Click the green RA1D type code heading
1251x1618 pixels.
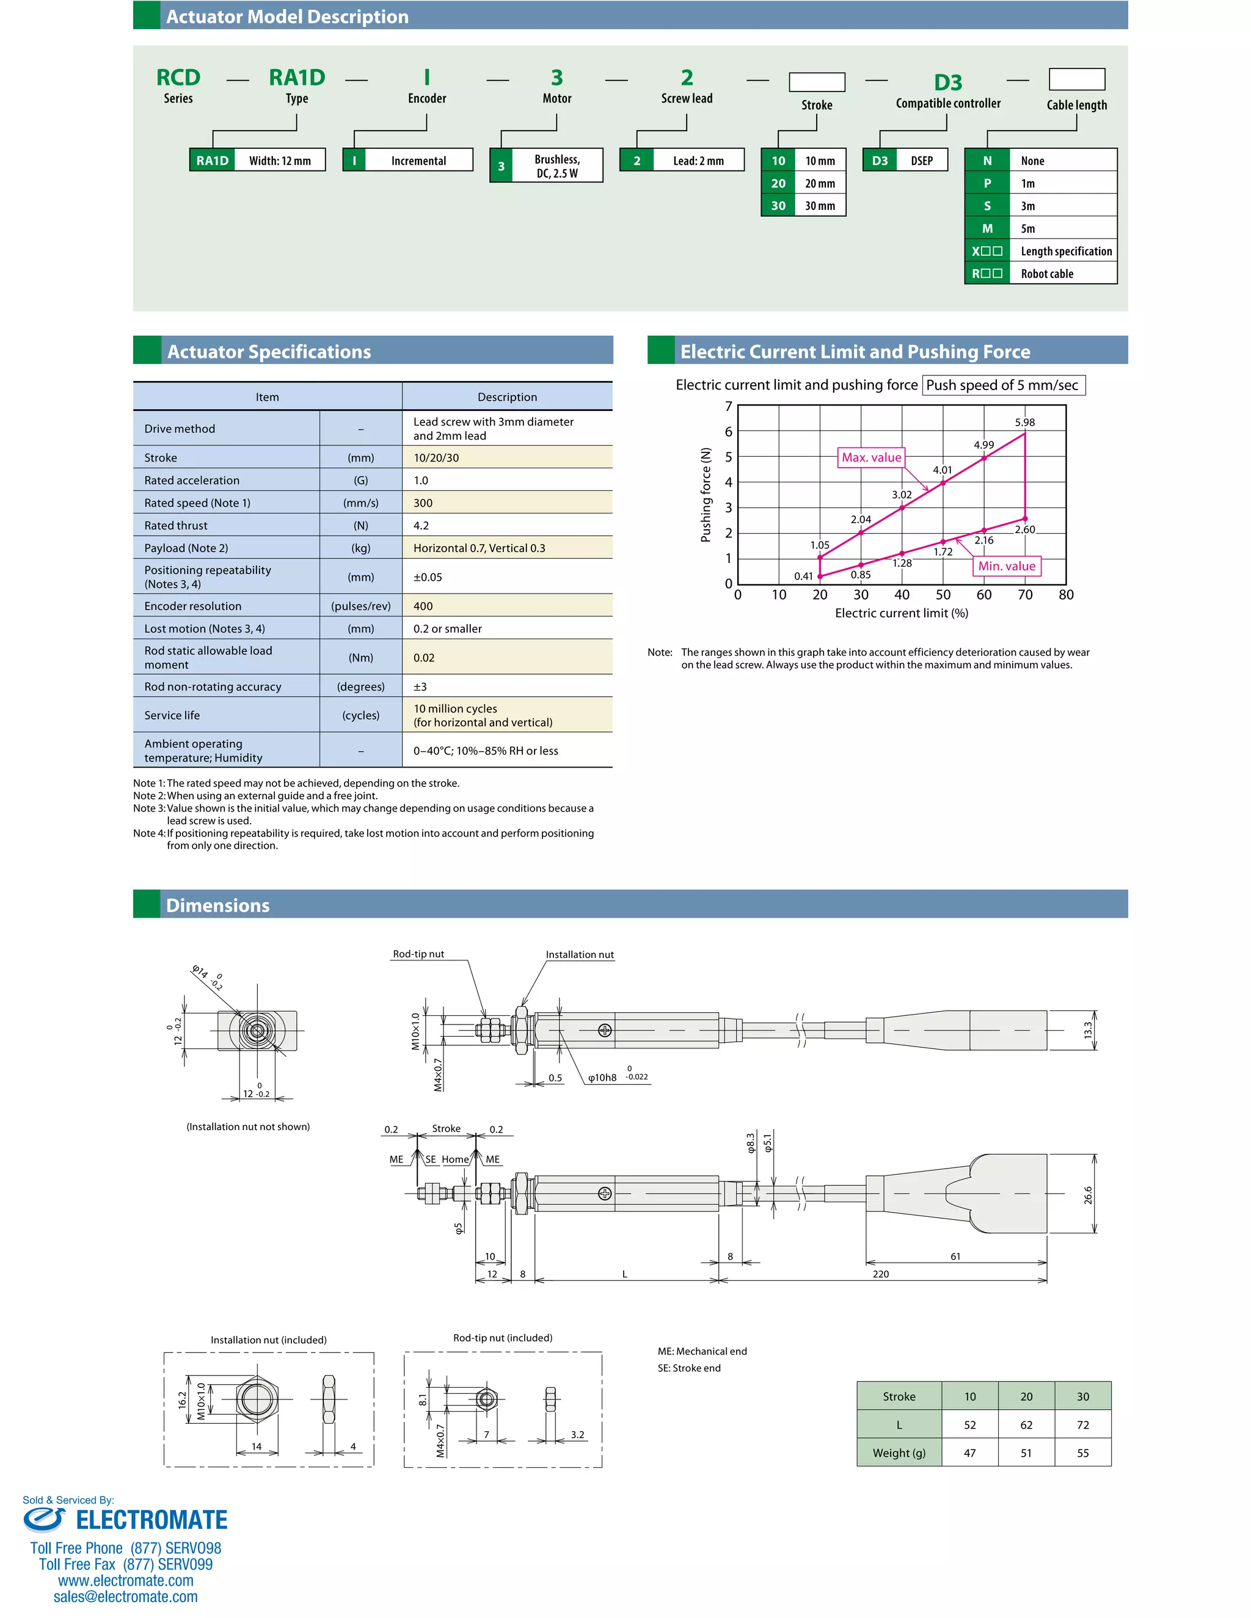[296, 77]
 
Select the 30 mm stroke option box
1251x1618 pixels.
[803, 206]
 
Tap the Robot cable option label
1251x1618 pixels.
[1046, 274]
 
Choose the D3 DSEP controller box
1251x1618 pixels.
[905, 161]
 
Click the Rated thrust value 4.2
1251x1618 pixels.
[421, 525]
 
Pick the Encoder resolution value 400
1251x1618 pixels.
[423, 606]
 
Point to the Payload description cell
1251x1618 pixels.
[480, 548]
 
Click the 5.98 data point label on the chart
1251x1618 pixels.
[1024, 423]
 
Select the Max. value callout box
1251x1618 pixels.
[871, 457]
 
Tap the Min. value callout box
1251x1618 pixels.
[1007, 566]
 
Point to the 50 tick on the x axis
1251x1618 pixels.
[943, 594]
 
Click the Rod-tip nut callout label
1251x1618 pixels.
[418, 954]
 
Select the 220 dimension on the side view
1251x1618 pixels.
[880, 1274]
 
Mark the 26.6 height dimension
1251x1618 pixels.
[1088, 1195]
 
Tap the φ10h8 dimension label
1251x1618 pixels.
[602, 1078]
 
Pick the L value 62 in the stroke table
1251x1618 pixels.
[1026, 1424]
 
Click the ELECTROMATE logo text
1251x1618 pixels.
[151, 1520]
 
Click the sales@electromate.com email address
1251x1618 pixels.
[125, 1597]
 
